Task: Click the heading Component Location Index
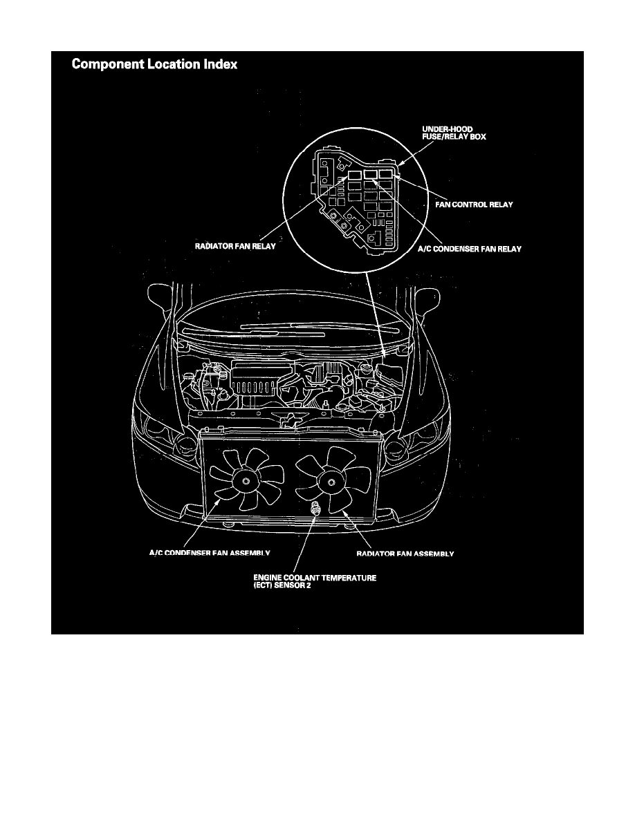154,65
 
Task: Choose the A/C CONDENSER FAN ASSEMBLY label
210,554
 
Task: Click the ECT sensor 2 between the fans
315,509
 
